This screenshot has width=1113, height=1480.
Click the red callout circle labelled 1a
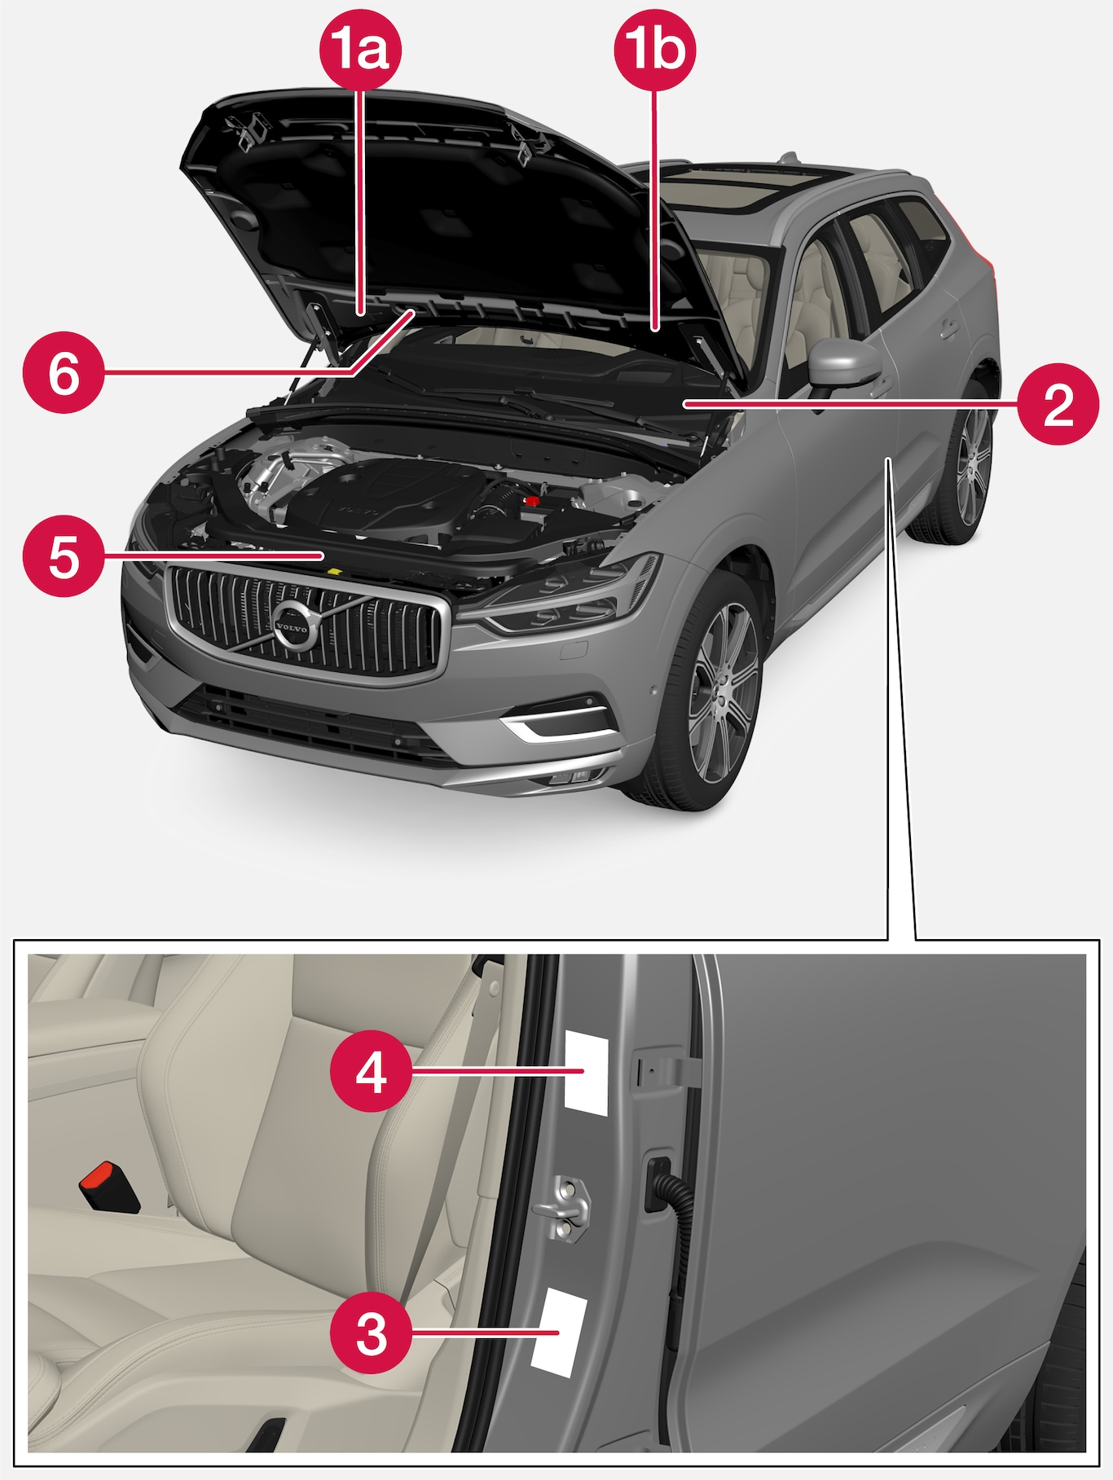click(x=361, y=51)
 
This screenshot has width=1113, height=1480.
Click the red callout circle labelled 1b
click(x=656, y=51)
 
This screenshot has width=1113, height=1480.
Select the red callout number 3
click(x=371, y=1334)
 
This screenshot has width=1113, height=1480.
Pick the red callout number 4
click(x=371, y=1072)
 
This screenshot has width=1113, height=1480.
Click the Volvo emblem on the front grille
click(x=293, y=626)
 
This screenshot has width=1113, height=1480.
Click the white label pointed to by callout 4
click(x=587, y=1072)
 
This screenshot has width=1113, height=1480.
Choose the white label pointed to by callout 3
click(x=559, y=1334)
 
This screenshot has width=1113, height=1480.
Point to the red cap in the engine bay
click(x=532, y=501)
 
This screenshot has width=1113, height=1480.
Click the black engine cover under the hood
click(x=383, y=501)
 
